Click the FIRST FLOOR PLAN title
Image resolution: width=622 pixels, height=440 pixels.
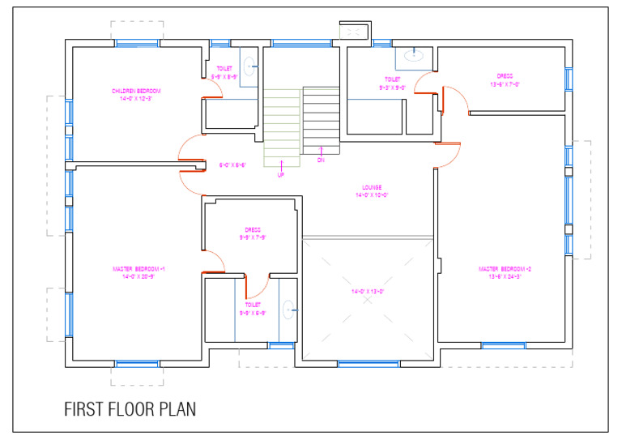pyautogui.click(x=130, y=409)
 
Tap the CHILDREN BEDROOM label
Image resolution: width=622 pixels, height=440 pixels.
pyautogui.click(x=136, y=90)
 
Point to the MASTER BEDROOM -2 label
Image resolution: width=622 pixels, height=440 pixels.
pyautogui.click(x=505, y=268)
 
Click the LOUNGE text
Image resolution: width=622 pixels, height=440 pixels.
pyautogui.click(x=373, y=188)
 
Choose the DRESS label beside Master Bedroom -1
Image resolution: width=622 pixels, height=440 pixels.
pyautogui.click(x=252, y=230)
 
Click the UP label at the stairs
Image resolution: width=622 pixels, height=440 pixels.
pyautogui.click(x=281, y=174)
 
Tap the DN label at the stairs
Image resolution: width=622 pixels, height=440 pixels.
pyautogui.click(x=321, y=160)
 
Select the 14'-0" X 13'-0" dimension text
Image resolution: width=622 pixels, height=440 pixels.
pyautogui.click(x=367, y=291)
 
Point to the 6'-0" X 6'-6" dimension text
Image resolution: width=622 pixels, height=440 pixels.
pyautogui.click(x=232, y=164)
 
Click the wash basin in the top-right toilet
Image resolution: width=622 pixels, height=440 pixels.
pyautogui.click(x=413, y=56)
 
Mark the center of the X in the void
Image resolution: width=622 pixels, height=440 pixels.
pyautogui.click(x=369, y=299)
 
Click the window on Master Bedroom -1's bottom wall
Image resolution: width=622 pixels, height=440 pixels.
pyautogui.click(x=136, y=364)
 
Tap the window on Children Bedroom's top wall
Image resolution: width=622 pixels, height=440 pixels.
pyautogui.click(x=136, y=43)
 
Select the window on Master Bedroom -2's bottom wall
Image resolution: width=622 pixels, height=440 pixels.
pyautogui.click(x=503, y=346)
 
